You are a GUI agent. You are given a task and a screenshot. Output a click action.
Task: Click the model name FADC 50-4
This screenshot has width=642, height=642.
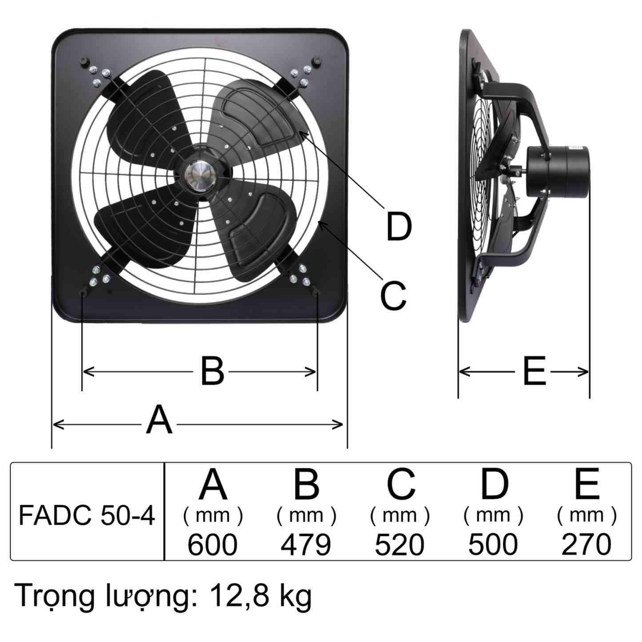coord(87,516)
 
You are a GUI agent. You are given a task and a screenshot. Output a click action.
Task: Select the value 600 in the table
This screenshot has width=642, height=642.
coord(212,545)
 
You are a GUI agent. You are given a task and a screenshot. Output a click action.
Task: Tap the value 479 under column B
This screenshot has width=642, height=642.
coord(306,545)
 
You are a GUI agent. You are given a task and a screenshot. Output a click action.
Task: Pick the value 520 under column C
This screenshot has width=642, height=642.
coord(399,545)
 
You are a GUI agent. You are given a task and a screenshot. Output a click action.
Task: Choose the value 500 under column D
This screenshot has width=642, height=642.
coord(493,545)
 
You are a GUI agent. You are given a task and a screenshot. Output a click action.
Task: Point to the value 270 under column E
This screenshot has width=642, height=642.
coord(586,545)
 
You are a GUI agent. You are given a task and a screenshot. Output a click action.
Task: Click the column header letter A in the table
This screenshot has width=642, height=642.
coord(213,484)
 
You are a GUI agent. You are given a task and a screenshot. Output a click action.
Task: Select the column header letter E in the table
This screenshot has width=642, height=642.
coord(586,484)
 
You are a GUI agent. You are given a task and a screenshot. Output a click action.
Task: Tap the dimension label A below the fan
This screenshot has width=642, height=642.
coord(159,420)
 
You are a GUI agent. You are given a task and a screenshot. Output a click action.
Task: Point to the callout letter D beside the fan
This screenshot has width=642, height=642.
coord(399,227)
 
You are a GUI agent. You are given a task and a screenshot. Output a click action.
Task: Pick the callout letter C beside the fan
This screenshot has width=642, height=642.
coord(393,295)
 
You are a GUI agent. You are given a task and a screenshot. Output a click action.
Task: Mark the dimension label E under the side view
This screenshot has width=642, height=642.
coord(534,371)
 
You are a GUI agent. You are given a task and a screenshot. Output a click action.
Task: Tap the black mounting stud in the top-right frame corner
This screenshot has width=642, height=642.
coord(317,61)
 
